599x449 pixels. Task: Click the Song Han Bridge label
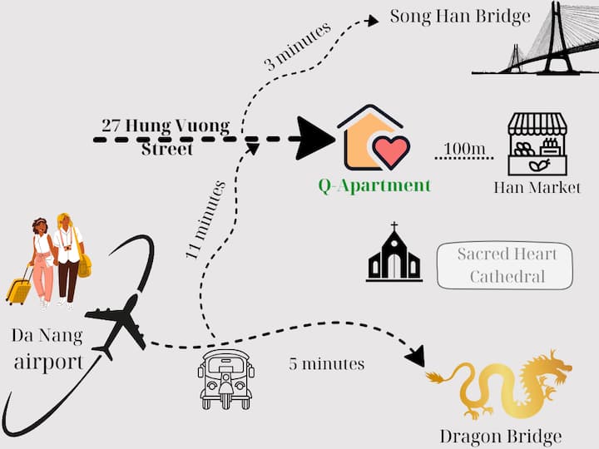click(460, 17)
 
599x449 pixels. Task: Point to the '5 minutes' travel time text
click(326, 363)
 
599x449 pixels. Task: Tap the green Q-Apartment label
click(374, 185)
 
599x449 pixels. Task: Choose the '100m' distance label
click(464, 150)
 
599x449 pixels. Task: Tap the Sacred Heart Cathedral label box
click(506, 265)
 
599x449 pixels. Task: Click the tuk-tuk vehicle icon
click(226, 377)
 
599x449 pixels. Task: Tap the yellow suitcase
click(18, 289)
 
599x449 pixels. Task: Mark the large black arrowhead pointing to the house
click(314, 138)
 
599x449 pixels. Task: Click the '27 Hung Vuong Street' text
click(166, 136)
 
